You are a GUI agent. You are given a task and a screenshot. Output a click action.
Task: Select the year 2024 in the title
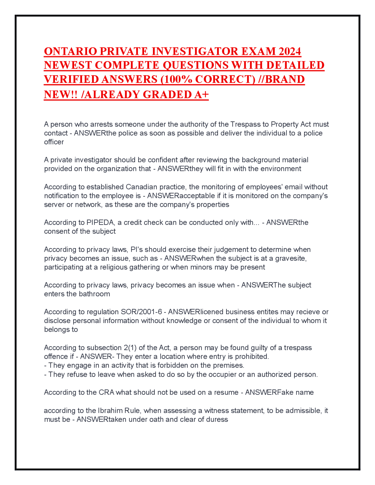[x=290, y=51]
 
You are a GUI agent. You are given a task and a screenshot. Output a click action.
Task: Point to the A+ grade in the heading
[x=201, y=94]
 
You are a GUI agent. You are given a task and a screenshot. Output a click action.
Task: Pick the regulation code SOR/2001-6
[x=142, y=312]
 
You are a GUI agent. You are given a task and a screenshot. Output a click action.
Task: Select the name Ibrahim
[x=110, y=411]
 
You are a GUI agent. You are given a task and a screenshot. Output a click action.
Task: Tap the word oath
[x=156, y=419]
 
